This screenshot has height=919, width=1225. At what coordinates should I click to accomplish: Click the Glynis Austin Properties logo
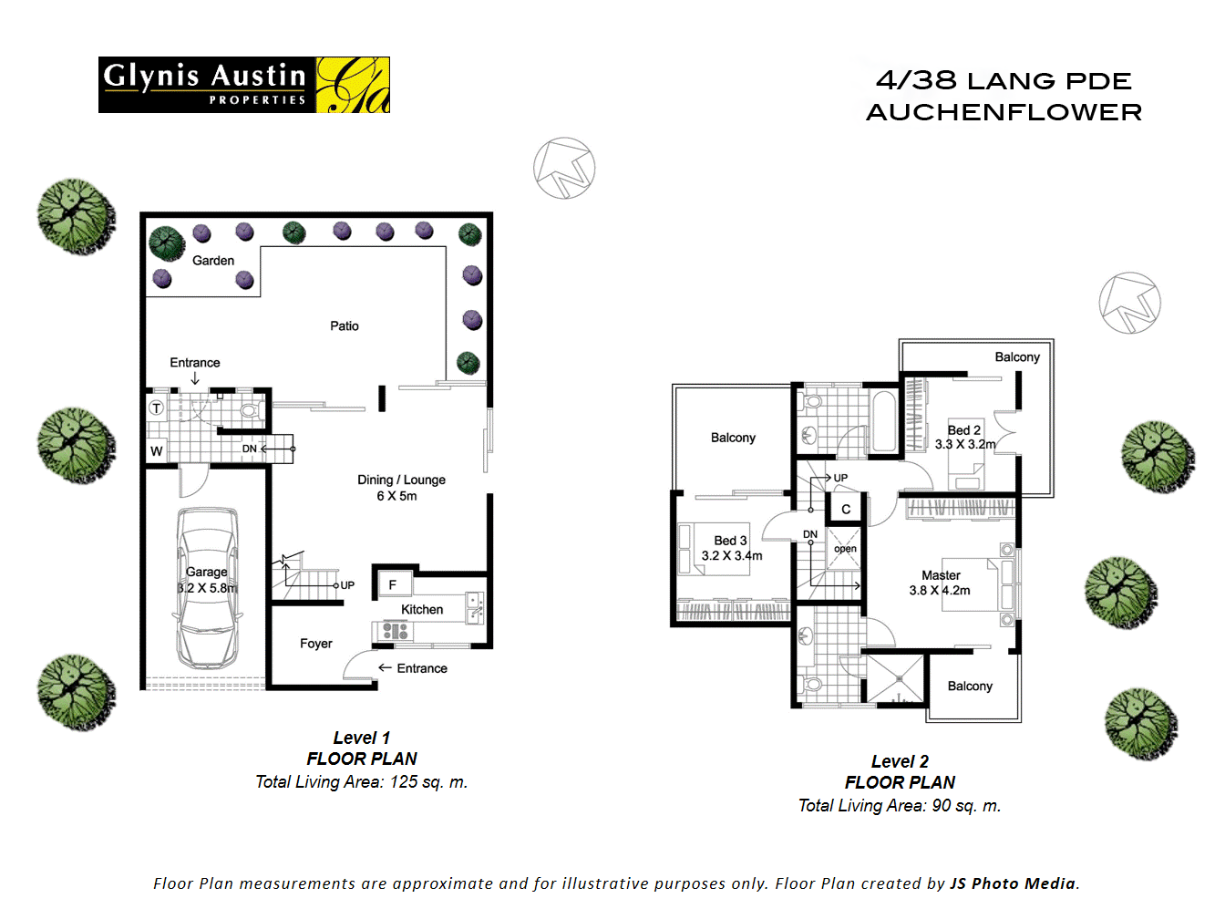(x=243, y=85)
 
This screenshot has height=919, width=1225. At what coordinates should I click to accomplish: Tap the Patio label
(x=345, y=325)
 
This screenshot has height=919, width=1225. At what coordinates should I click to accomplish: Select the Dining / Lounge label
(x=401, y=480)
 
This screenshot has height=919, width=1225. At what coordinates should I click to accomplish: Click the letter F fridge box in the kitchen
(x=393, y=584)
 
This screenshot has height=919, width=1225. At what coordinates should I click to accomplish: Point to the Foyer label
(x=316, y=644)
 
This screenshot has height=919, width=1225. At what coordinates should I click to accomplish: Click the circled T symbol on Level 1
(x=157, y=408)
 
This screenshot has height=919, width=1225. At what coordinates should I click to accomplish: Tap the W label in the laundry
(x=157, y=450)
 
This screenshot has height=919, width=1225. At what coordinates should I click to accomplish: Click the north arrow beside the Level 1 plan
(x=564, y=169)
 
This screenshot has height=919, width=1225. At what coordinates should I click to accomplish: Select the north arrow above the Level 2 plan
(x=1129, y=303)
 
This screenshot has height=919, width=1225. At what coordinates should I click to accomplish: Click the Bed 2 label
(x=963, y=429)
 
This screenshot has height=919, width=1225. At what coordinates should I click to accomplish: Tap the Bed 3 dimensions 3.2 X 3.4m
(x=732, y=555)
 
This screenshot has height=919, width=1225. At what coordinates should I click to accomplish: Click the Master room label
(x=941, y=575)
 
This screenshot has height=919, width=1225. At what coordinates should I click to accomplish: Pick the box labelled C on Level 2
(x=846, y=509)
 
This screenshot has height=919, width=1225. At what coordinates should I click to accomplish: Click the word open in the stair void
(x=845, y=549)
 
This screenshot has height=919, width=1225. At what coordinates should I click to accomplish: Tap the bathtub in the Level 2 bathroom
(x=883, y=420)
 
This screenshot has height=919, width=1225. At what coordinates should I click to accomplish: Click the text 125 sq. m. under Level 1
(x=428, y=781)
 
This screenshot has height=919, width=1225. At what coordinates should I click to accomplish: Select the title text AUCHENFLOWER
(x=1004, y=112)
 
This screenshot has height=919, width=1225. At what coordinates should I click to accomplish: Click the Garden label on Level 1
(x=213, y=261)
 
